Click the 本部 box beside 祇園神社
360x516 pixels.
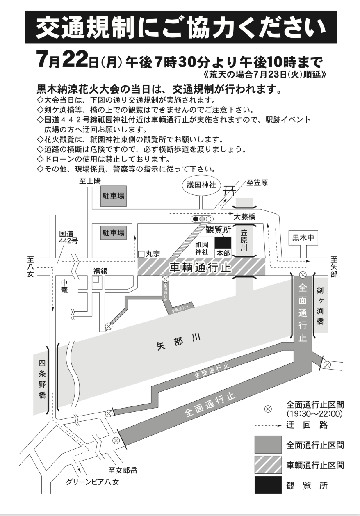point(223,253)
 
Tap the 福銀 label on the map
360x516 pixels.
point(99,271)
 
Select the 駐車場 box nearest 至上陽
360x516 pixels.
point(114,197)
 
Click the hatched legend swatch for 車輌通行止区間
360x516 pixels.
point(268,465)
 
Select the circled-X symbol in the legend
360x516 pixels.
point(268,409)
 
